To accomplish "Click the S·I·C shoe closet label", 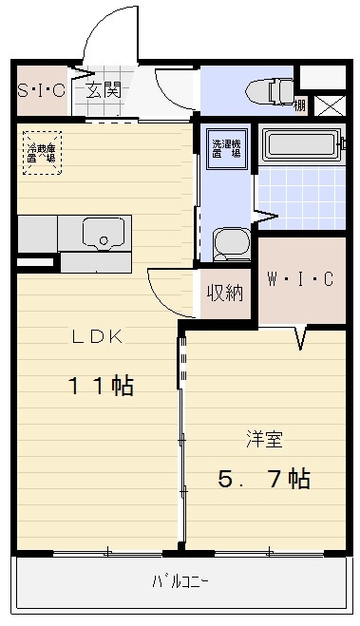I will pyautogui.click(x=40, y=91).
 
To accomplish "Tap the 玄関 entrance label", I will pyautogui.click(x=104, y=91).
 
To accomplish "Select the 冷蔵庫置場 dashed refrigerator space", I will pyautogui.click(x=43, y=151).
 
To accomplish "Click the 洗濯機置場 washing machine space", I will pyautogui.click(x=225, y=147).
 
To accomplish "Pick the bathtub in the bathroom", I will pyautogui.click(x=301, y=145).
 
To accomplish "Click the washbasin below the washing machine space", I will pyautogui.click(x=229, y=244).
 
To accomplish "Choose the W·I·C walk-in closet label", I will pyautogui.click(x=300, y=279).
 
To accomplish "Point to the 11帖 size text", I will pyautogui.click(x=99, y=387).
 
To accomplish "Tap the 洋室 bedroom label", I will pyautogui.click(x=265, y=439).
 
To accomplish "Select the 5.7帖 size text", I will pyautogui.click(x=264, y=480).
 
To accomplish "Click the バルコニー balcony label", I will pyautogui.click(x=180, y=580).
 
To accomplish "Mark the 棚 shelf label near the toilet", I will pyautogui.click(x=300, y=105).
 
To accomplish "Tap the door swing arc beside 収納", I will pyautogui.click(x=167, y=293).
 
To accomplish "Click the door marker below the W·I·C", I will pyautogui.click(x=302, y=336).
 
